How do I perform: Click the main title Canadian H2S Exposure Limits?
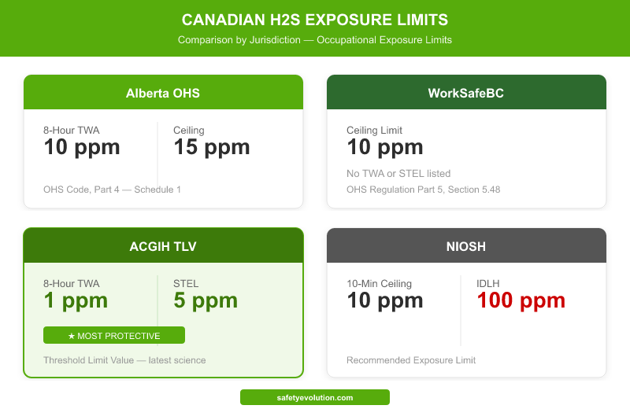click(315, 19)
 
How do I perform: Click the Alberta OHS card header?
click(163, 93)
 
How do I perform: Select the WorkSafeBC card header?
click(466, 93)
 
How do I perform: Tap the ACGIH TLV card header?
click(163, 246)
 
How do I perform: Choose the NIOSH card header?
click(466, 246)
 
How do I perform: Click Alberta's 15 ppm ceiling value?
click(211, 146)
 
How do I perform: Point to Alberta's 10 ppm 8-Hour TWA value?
click(82, 146)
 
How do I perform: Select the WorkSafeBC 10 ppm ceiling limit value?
click(385, 146)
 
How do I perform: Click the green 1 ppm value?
click(76, 300)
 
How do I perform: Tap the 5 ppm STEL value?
click(205, 300)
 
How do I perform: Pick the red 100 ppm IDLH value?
click(521, 300)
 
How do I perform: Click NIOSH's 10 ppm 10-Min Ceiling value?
click(385, 300)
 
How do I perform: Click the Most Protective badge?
click(114, 336)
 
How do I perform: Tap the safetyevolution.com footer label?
click(315, 398)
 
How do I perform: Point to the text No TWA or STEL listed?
click(398, 173)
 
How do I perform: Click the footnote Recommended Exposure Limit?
click(411, 360)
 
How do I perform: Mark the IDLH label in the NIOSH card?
click(488, 283)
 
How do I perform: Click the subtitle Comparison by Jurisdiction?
click(315, 39)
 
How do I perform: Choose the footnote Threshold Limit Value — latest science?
click(124, 360)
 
